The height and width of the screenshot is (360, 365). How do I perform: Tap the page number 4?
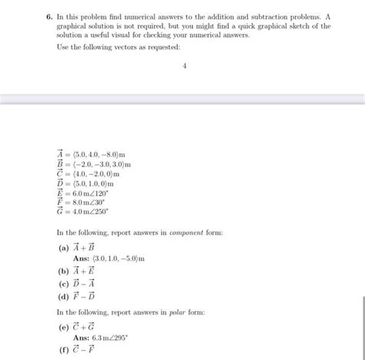coord(185,66)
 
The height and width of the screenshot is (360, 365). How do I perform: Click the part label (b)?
coord(62,271)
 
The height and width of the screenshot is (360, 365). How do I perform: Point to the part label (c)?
coord(62,284)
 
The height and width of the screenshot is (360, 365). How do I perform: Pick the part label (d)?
coord(62,296)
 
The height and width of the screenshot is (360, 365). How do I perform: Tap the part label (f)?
coord(62,352)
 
